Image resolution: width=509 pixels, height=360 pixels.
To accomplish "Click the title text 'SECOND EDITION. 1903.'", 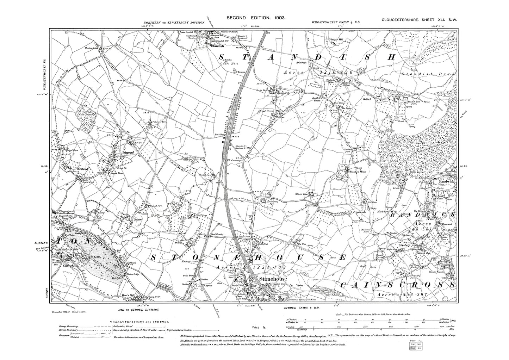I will (255, 17).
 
